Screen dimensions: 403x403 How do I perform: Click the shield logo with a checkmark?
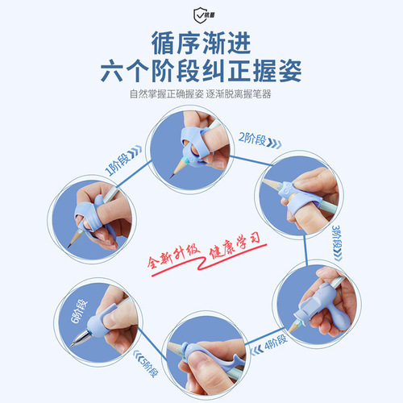coord(201,15)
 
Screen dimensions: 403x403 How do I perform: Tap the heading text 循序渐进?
coord(201,43)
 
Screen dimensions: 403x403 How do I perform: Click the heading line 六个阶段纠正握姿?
coord(201,71)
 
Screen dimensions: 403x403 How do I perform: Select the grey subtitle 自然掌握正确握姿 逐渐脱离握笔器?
coord(201,94)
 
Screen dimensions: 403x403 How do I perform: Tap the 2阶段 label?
coord(252,139)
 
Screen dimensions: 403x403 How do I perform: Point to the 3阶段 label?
coord(336,236)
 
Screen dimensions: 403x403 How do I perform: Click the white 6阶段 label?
coord(79,311)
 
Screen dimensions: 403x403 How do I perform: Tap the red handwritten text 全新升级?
coord(174,256)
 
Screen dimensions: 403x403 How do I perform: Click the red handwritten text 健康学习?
coord(235,246)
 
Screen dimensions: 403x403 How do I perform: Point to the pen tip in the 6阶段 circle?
coord(72,345)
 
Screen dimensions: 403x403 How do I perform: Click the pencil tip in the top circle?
coord(171,177)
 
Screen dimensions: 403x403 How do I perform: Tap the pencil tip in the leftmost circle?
coord(69,247)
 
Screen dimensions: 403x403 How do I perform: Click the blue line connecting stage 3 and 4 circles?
coord(305,251)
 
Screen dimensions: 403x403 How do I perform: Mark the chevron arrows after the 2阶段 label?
coord(274,143)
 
